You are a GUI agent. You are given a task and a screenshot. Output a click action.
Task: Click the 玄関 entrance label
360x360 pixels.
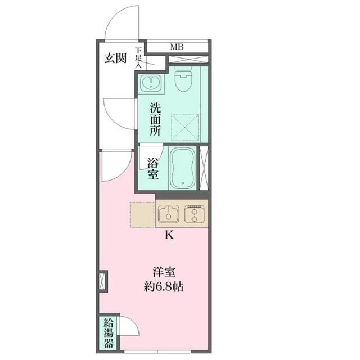pyautogui.click(x=115, y=58)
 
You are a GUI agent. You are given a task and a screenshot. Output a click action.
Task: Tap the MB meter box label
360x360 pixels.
pyautogui.click(x=177, y=47)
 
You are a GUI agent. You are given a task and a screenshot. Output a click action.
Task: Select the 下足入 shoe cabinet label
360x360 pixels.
pyautogui.click(x=138, y=57)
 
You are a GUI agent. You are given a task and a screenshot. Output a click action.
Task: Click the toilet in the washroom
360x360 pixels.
pyautogui.click(x=183, y=79)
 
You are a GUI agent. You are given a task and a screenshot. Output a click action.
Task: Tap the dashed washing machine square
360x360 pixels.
pyautogui.click(x=185, y=127)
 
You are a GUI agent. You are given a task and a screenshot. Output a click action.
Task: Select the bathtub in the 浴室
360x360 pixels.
pyautogui.click(x=183, y=168)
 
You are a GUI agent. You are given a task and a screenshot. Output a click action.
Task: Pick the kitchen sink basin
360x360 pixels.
pyautogui.click(x=169, y=214)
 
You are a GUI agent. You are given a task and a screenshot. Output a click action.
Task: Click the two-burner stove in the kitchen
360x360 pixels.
pyautogui.click(x=195, y=214)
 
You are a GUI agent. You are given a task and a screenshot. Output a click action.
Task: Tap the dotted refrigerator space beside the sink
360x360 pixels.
pyautogui.click(x=142, y=215)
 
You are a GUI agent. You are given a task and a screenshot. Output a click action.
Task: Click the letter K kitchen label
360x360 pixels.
pyautogui.click(x=169, y=235)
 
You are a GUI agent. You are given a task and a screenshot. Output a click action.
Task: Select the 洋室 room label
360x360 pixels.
pyautogui.click(x=164, y=272)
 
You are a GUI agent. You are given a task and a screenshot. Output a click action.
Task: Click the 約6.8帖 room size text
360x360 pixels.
pyautogui.click(x=164, y=286)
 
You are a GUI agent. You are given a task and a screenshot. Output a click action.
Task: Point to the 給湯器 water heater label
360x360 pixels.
pyautogui.click(x=109, y=333)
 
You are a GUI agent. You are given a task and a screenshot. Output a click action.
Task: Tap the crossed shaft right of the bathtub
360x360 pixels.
pyautogui.click(x=204, y=168)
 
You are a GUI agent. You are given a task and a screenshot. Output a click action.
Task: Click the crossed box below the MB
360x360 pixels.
pyautogui.click(x=188, y=59)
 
